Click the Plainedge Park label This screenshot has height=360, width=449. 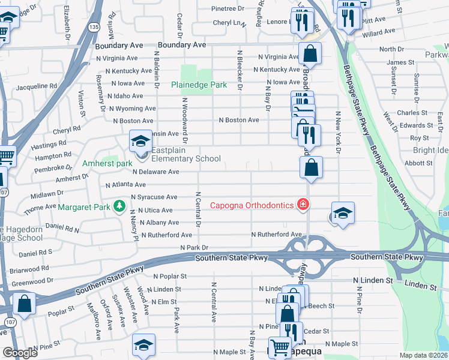[199, 85]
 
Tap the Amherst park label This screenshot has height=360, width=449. [107, 163]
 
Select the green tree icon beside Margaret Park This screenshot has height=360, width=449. [119, 207]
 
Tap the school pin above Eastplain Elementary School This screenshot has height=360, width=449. [140, 142]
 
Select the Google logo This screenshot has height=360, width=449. [20, 353]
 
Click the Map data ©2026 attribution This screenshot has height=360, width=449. [423, 355]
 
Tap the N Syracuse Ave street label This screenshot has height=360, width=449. [150, 197]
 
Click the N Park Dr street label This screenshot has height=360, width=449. [193, 247]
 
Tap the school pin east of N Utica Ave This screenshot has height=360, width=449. [342, 214]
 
